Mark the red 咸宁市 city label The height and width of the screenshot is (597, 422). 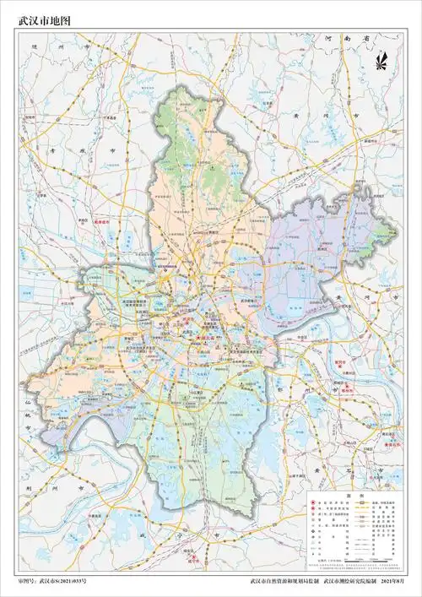point(193,556)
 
